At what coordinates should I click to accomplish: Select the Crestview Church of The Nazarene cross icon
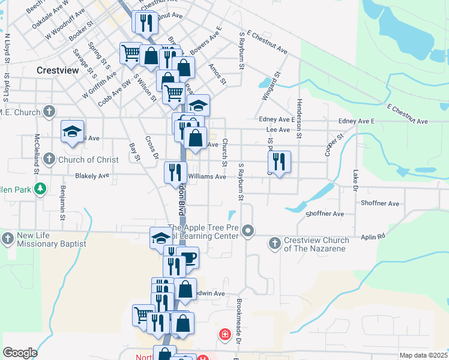click(x=274, y=243)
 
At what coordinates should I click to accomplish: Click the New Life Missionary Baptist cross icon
click(x=8, y=239)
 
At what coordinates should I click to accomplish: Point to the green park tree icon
click(x=40, y=190)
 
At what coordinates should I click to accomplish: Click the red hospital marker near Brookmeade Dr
click(x=225, y=334)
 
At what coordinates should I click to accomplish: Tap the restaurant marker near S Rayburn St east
click(x=279, y=161)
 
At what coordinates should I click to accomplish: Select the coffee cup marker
click(x=188, y=258)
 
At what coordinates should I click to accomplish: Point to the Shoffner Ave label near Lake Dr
click(x=381, y=203)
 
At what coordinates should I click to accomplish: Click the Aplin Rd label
click(x=373, y=237)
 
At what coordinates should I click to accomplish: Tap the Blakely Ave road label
click(x=92, y=176)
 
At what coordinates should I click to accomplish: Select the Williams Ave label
click(x=206, y=176)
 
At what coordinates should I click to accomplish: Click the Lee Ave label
click(x=278, y=129)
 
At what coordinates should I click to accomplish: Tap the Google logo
click(x=20, y=353)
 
